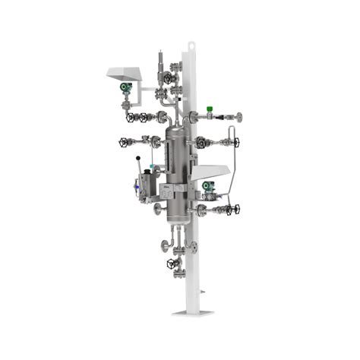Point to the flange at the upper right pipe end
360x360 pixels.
coord(239,117)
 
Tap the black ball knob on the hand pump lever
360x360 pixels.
coord(138,159)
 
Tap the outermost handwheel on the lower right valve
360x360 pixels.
coord(236,209)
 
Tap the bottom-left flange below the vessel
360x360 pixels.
coord(163,245)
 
